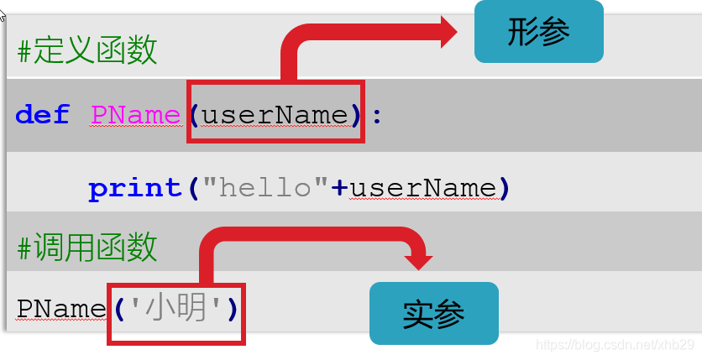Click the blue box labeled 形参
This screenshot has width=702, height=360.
click(x=538, y=32)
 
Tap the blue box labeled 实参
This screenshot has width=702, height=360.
click(x=434, y=313)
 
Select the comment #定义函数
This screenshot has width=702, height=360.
click(x=87, y=50)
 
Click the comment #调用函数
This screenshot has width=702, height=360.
click(x=87, y=247)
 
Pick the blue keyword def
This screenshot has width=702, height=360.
click(x=42, y=114)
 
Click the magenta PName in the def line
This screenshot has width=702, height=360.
click(x=135, y=114)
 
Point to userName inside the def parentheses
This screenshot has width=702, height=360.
click(x=275, y=114)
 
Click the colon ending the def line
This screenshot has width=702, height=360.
click(x=377, y=115)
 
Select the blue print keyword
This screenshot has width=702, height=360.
click(x=134, y=187)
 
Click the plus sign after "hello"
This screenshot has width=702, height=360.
click(x=339, y=188)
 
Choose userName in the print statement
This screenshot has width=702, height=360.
click(x=422, y=187)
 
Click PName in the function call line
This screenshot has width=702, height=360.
click(x=61, y=309)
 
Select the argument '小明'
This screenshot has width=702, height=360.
click(x=175, y=309)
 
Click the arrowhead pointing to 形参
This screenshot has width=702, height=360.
click(x=445, y=33)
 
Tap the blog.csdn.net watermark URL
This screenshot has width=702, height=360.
click(x=614, y=345)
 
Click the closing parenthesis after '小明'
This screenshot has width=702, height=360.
click(x=232, y=309)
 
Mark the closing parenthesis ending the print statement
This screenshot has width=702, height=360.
click(x=504, y=187)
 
